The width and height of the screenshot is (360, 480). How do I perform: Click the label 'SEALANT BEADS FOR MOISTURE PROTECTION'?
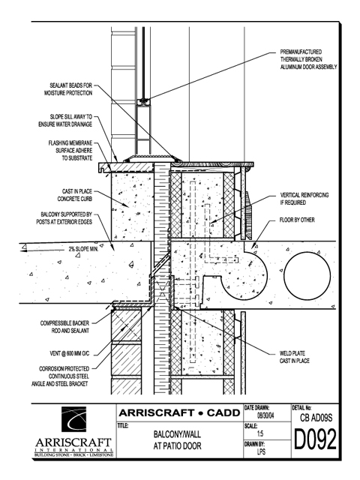point(68,89)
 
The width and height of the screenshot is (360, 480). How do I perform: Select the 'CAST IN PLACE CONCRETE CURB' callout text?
point(75,195)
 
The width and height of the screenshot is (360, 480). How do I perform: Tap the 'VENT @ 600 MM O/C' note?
point(70,353)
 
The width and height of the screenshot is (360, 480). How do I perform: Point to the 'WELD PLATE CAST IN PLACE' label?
point(294,357)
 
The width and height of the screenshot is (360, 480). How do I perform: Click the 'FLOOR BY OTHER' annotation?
point(297,220)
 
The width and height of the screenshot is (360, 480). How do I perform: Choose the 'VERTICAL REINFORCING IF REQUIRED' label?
point(304,199)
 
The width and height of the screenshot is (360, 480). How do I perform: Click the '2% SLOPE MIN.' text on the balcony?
point(83,249)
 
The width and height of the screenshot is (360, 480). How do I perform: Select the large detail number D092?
point(315,439)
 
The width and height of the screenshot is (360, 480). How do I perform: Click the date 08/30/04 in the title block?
point(265,416)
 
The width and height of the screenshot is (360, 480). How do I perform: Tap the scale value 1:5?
point(260,433)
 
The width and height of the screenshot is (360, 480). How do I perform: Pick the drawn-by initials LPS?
point(261,451)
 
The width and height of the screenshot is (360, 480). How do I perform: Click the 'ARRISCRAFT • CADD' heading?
point(179,413)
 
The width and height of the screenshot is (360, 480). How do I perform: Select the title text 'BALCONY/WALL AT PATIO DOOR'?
point(177,440)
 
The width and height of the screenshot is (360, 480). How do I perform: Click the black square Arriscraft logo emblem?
point(73,419)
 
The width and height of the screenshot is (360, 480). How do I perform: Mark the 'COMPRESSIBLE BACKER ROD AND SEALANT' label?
point(64,327)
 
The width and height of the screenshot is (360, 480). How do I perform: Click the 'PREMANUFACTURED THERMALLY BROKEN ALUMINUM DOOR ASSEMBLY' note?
point(308,59)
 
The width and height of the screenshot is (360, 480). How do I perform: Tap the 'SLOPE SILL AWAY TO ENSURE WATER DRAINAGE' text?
point(65,121)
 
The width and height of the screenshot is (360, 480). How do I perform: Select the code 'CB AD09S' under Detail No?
point(316,418)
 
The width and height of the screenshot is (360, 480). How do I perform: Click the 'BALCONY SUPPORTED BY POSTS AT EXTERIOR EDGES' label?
point(64,218)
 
